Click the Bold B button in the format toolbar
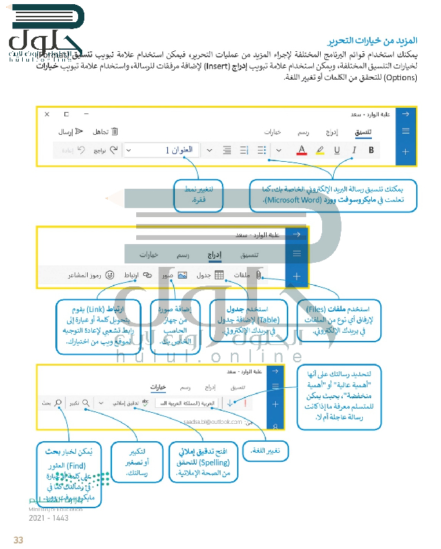point(372,149)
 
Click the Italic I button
point(354,149)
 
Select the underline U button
point(337,149)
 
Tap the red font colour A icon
point(301,149)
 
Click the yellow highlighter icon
point(319,149)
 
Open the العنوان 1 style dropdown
point(166,149)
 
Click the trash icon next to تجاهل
point(115,131)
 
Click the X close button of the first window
point(47,114)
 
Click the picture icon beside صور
point(182,275)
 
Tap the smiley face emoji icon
point(110,275)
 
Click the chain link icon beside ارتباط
point(147,275)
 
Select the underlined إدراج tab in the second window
point(214,254)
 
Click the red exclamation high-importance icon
point(245,402)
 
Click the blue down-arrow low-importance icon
point(230,402)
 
